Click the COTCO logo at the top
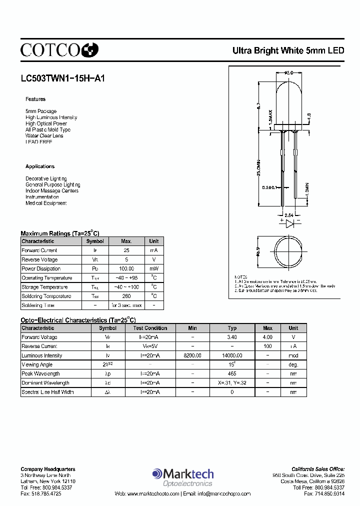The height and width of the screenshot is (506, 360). pos(59,49)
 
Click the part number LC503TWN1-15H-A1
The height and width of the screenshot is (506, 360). pos(62,78)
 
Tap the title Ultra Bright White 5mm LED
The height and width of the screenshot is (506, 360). pos(288,50)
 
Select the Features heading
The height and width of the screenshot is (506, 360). pos(35,99)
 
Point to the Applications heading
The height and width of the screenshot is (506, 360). pos(40,166)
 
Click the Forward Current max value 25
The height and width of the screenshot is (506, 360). pos(126,250)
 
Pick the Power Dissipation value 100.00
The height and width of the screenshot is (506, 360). pos(126,269)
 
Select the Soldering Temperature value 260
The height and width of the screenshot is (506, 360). pos(126,296)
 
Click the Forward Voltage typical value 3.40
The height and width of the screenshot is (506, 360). pos(232,337)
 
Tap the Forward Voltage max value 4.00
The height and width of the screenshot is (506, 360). pos(267,337)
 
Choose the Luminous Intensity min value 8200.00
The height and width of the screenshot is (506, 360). pos(192,355)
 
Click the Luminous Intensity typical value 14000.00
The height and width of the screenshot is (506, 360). pos(232,355)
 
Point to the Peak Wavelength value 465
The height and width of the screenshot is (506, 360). pos(232,374)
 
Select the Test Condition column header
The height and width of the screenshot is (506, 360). pos(150,328)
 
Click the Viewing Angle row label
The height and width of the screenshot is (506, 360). pos(37,365)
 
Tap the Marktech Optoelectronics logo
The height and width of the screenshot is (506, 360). pos(183,477)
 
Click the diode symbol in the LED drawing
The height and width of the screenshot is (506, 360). pos(289,224)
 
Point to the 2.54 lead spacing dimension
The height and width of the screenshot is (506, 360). pos(289,214)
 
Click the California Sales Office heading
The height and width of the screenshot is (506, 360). pos(318,469)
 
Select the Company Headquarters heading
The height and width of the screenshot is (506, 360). pos(48,469)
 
